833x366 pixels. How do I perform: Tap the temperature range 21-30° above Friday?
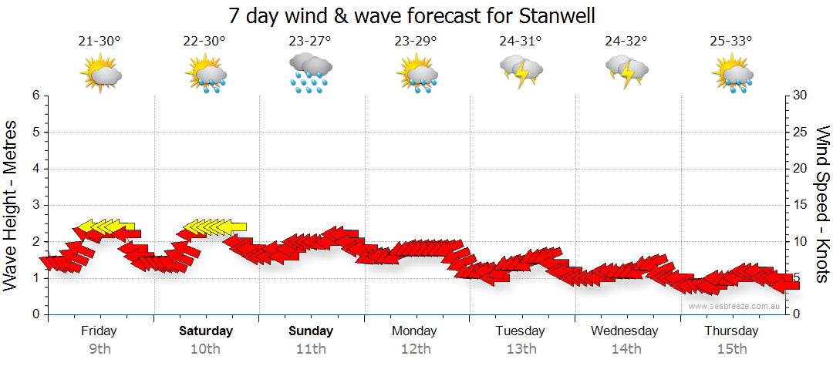(x=99, y=42)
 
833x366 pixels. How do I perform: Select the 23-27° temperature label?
(x=309, y=42)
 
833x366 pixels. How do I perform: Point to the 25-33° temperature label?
(x=731, y=42)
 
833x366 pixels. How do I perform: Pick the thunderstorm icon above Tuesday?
(x=521, y=72)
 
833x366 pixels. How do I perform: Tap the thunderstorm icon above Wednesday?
(x=626, y=72)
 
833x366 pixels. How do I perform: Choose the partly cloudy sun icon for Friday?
(x=101, y=74)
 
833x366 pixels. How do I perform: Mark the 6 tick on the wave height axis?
(x=35, y=96)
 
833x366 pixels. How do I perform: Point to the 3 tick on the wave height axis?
(x=35, y=205)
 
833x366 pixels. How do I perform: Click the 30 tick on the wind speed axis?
(x=801, y=96)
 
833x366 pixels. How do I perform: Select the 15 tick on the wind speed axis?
(x=801, y=205)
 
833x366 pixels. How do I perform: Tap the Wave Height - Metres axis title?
(x=12, y=205)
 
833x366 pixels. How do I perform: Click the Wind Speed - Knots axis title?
(x=821, y=205)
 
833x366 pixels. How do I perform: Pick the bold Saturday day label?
(x=206, y=331)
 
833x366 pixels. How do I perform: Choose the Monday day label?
(x=415, y=331)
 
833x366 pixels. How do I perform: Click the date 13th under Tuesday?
(x=521, y=349)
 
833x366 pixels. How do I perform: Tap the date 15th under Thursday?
(x=731, y=349)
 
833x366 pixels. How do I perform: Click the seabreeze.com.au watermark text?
(x=736, y=307)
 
